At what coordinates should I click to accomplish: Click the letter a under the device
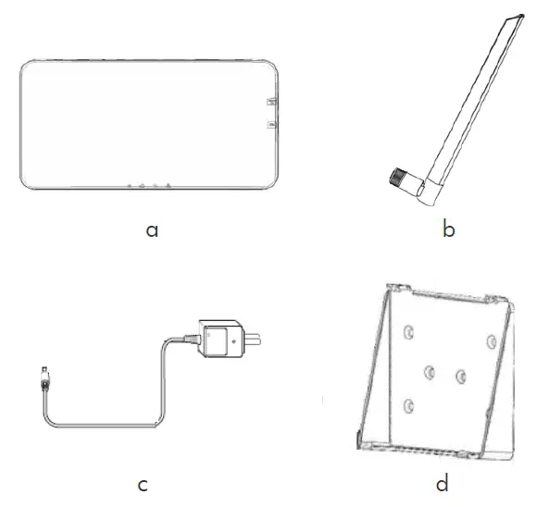coord(152,229)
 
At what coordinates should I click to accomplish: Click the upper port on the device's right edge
coord(270,101)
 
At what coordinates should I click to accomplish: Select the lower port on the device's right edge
coord(270,123)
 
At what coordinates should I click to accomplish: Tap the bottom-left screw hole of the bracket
coord(406,404)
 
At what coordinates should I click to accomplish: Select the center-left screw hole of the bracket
coord(429,372)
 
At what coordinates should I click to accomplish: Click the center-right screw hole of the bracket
coord(460,376)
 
